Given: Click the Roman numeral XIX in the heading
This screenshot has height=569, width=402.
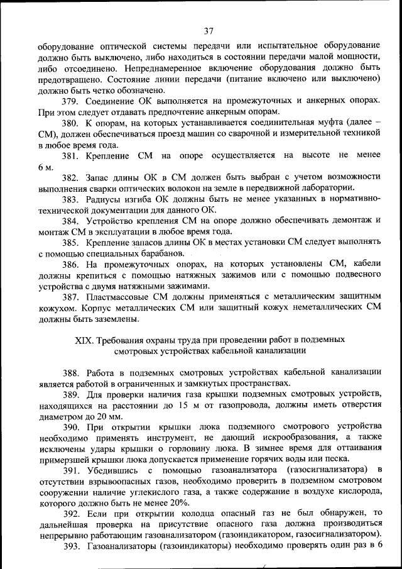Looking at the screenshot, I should pyautogui.click(x=84, y=340).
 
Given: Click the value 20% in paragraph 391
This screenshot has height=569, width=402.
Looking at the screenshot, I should pyautogui.click(x=179, y=502).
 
